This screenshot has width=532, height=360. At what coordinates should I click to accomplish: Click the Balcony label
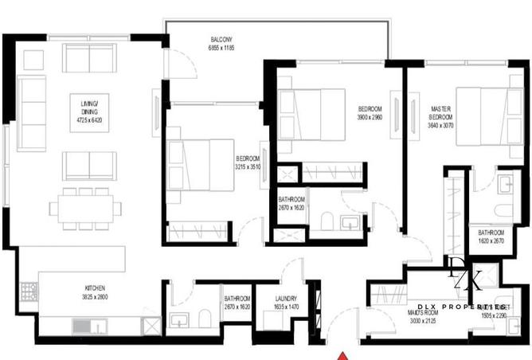coord(221,40)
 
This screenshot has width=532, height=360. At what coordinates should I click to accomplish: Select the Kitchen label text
coord(96,288)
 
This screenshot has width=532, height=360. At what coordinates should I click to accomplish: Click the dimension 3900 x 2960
coord(370,117)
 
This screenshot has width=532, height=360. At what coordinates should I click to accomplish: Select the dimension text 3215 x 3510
coord(248,167)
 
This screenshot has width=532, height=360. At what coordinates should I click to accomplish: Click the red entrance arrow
coord(342,355)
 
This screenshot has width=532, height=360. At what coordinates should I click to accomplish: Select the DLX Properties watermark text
coord(462,306)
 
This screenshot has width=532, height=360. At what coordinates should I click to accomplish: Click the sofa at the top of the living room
coord(88,57)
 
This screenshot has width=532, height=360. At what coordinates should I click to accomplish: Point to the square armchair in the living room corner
coord(33,58)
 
